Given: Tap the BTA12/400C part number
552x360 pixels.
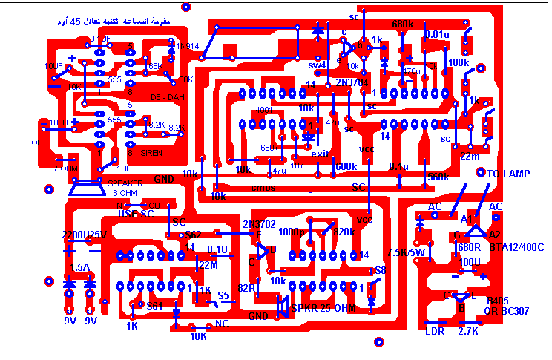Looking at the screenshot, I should coord(517,246).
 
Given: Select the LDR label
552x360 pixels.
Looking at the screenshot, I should coord(434,331).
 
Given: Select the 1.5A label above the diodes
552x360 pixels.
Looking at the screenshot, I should coord(79,267).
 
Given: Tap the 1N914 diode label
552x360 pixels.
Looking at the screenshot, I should coord(183,46).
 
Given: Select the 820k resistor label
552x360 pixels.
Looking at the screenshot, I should coord(344,232).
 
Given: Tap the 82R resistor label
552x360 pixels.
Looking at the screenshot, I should coord(247,287).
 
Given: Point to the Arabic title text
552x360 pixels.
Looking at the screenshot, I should coord(113,22).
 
